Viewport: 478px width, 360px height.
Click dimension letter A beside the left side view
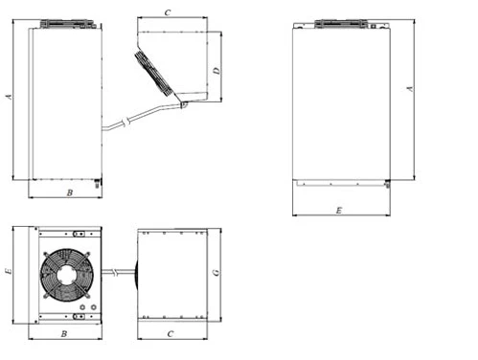pos(10,97)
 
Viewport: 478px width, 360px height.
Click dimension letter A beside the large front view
pos(410,89)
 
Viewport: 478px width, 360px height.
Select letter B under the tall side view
pos(70,192)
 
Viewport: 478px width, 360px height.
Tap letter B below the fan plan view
pos(64,334)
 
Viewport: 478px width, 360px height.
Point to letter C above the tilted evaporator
pos(168,12)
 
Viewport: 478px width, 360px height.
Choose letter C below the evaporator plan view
pos(171,334)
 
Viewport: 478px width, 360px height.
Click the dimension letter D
pos(216,71)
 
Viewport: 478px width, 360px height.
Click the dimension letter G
pos(216,273)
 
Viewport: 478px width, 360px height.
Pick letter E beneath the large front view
pos(339,211)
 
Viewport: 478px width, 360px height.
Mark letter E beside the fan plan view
pos(9,271)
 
